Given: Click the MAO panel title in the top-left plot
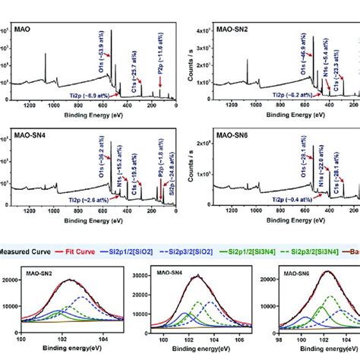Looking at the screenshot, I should coord(22,30).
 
